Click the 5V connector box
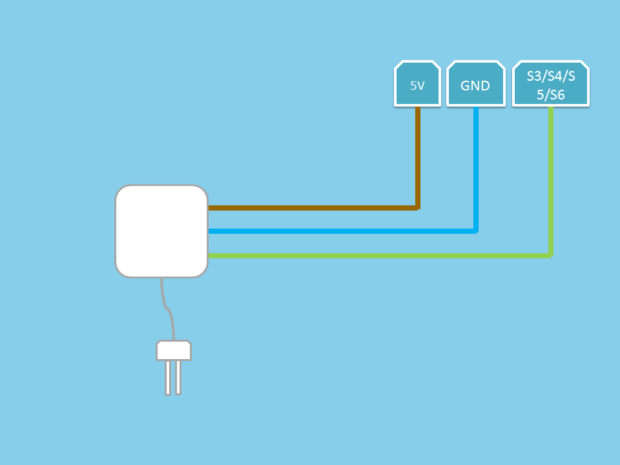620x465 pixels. coord(418,84)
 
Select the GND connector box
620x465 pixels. coord(476,84)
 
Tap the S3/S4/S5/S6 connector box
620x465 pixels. coord(551,84)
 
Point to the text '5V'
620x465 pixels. coord(417,85)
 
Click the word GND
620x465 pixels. coord(475,85)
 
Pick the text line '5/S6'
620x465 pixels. coord(550,95)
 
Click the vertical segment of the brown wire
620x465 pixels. coord(418,158)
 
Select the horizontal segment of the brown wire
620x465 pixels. coord(313,208)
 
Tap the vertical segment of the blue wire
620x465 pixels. coord(476,169)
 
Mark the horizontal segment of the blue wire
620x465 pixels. coord(342,231)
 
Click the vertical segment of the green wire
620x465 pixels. coord(551,181)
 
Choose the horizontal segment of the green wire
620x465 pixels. coord(380,256)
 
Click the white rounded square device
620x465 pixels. coord(161,231)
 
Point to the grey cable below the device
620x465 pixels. coord(168,309)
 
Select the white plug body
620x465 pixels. coord(174,350)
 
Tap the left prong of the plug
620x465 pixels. coord(168,378)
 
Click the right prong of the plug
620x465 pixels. coord(178,378)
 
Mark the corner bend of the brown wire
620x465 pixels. coord(418,208)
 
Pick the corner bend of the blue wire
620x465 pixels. coord(476,231)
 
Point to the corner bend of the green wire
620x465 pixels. coord(551,256)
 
